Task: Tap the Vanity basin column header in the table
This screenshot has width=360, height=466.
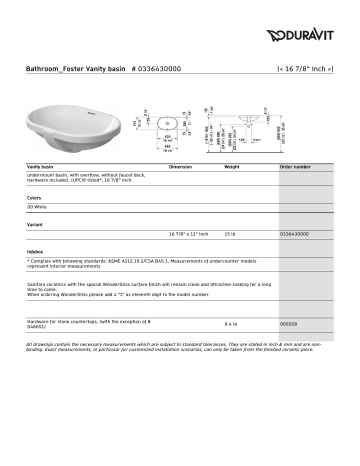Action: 43,165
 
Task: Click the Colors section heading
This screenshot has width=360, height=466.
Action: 35,197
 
